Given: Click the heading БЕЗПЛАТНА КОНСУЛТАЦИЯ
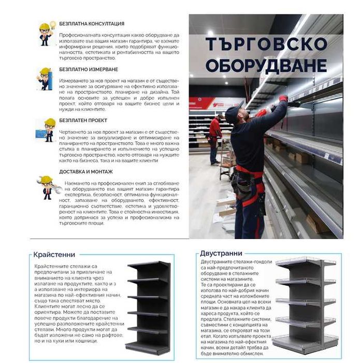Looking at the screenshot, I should coord(92,24).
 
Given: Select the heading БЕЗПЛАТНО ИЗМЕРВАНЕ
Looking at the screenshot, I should coord(89,69).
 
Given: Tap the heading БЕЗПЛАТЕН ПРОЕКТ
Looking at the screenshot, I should coord(83,120).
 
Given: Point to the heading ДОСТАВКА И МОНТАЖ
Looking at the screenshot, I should coord(85,172).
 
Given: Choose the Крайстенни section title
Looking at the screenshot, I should coord(54,255).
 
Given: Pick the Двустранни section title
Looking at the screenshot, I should coord(221,254).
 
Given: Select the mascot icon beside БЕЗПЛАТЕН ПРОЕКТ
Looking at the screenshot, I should coord(46,130).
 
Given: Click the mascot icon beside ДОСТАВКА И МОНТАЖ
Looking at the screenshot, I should coord(47,186).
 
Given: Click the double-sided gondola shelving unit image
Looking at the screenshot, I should coord(306,303).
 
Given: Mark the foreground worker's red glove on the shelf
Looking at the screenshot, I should coord(283,98).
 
